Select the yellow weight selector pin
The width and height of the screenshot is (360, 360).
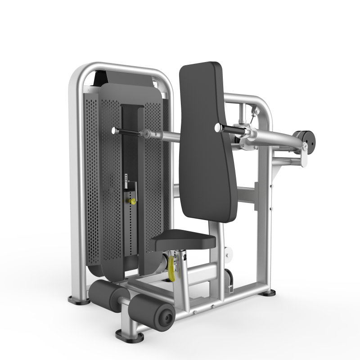click(x=133, y=202)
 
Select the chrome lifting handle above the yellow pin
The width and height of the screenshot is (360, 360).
click(x=131, y=184)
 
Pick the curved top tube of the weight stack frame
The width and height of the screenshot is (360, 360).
click(x=119, y=67)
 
